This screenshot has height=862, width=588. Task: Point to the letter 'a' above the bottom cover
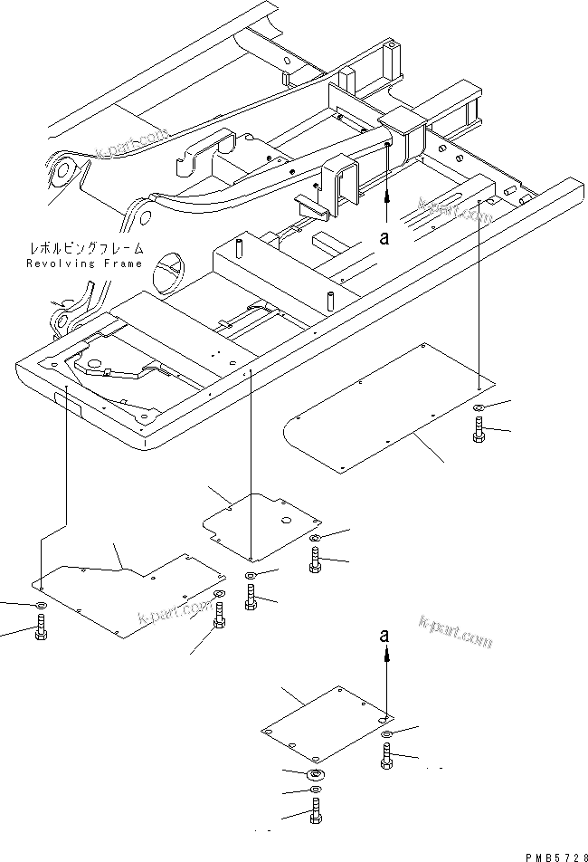(x=385, y=637)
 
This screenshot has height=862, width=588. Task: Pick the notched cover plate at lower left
(x=127, y=593)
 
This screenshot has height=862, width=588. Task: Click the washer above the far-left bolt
(x=40, y=605)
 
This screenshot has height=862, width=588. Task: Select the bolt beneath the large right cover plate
(x=479, y=432)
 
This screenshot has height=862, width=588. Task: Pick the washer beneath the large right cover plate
(x=479, y=408)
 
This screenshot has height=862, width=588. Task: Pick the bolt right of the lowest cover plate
(x=386, y=756)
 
